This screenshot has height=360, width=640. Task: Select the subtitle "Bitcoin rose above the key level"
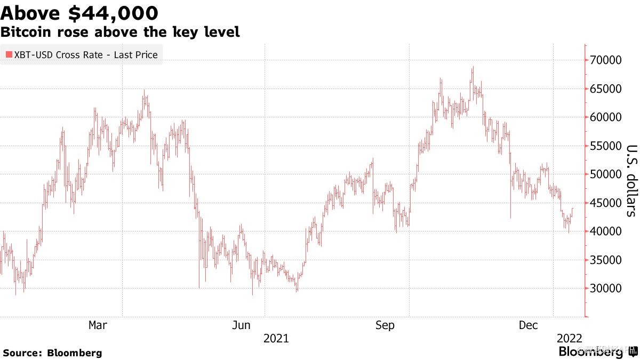120,33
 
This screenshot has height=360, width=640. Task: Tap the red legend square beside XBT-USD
9,54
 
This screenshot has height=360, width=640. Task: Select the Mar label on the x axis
98,325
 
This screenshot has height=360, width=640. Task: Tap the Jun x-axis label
242,325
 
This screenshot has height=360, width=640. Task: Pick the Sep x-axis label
385,325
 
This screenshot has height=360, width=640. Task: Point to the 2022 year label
569,338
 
